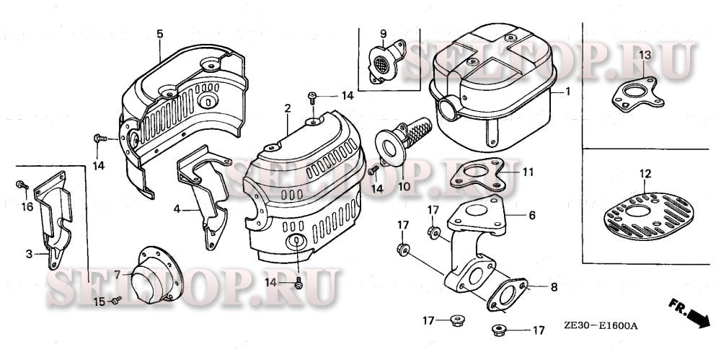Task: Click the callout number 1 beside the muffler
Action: (567, 92)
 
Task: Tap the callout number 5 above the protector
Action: (159, 33)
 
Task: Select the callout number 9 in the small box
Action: (383, 33)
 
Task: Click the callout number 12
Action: (645, 173)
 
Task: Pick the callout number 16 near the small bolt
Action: (28, 206)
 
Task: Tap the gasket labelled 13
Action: (634, 95)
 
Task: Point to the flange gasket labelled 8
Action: (511, 296)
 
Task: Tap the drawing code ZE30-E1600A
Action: (601, 325)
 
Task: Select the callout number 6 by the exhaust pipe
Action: (531, 215)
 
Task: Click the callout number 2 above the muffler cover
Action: (287, 108)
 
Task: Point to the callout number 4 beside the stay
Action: (175, 210)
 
